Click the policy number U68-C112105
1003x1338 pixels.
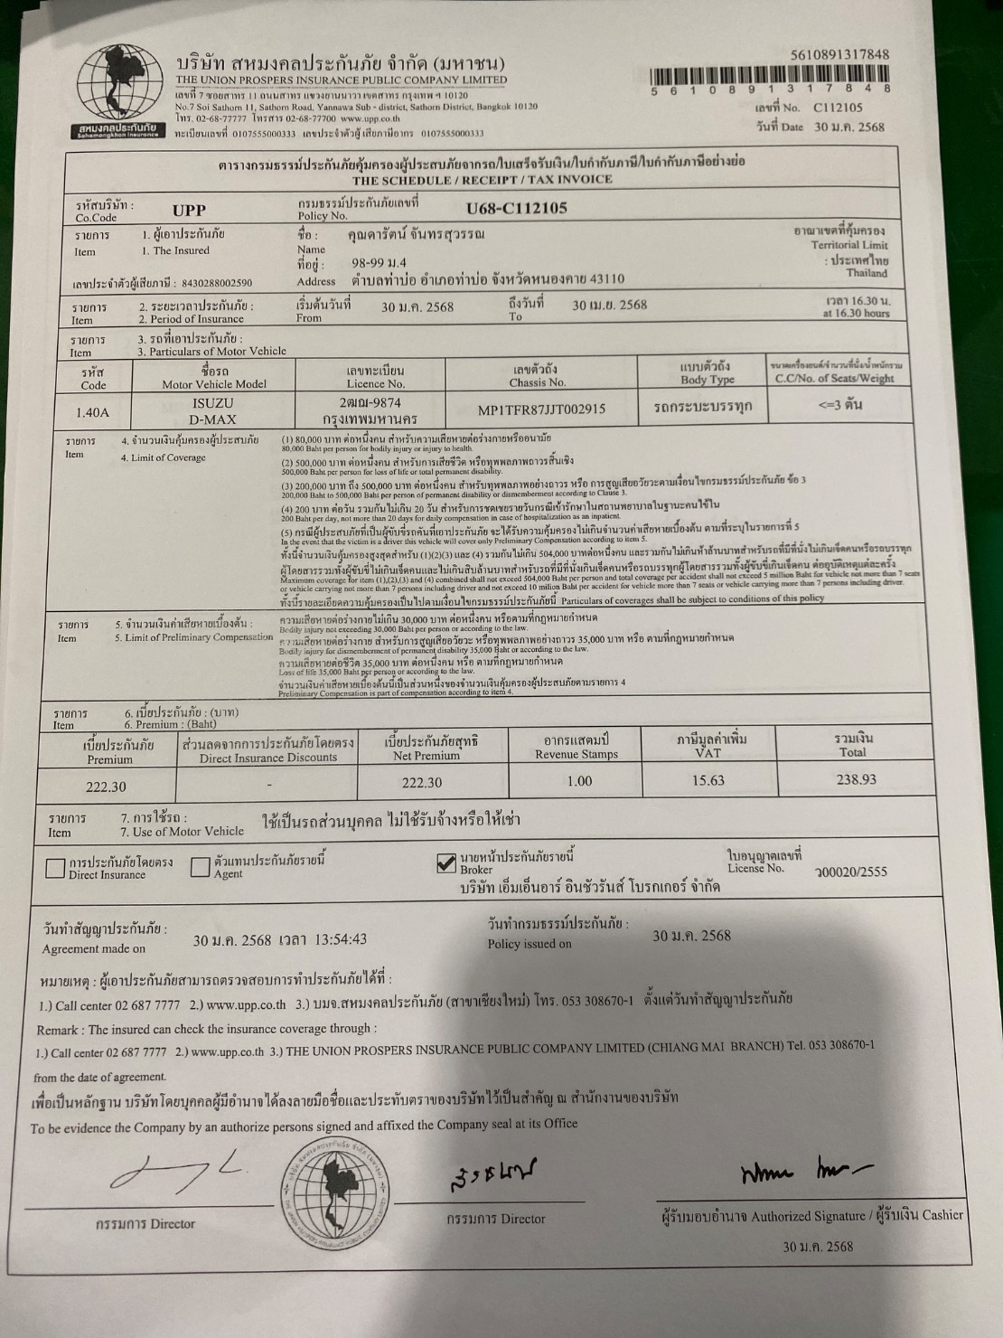[517, 209]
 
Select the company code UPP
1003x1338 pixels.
[189, 211]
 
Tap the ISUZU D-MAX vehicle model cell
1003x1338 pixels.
[213, 410]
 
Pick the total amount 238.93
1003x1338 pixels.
[855, 779]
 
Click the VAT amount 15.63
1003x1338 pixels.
[708, 780]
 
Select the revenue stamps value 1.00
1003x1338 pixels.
[579, 781]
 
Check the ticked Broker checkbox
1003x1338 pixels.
[445, 864]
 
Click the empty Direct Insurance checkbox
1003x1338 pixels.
[56, 868]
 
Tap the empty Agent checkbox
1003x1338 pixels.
[200, 868]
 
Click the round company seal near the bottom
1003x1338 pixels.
[336, 1189]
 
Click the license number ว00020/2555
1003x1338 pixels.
[850, 872]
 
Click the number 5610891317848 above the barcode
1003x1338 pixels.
[839, 54]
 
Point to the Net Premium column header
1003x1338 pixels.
[432, 748]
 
